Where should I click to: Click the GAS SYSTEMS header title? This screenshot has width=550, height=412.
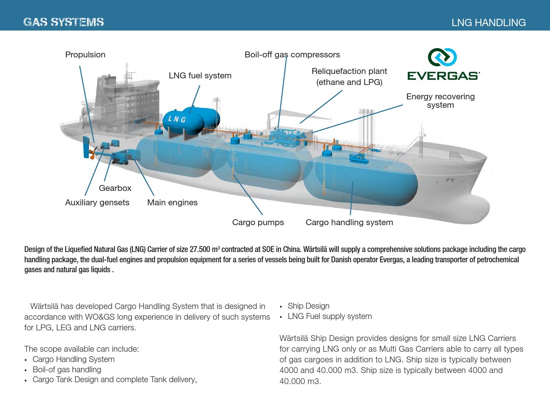pos(63,22)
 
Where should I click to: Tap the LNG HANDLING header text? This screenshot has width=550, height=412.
pos(488,22)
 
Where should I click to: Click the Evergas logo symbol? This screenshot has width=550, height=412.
pos(442,57)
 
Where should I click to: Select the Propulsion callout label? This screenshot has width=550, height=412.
pos(85,55)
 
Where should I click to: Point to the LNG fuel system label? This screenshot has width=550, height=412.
pos(200,76)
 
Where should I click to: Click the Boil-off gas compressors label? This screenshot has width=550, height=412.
pos(292,55)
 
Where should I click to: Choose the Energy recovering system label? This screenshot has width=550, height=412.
pos(440,101)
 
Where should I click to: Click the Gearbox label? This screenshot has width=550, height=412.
pos(115,188)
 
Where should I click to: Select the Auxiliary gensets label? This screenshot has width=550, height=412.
pos(97,203)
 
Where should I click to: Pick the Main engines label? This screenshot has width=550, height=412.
pos(172,203)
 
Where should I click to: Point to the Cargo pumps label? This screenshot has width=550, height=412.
pos(258,223)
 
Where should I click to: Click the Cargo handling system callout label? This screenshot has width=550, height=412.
pos(349,223)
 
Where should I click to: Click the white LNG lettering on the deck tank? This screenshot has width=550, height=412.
pos(177,119)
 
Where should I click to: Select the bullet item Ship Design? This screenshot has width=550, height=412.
pos(308,306)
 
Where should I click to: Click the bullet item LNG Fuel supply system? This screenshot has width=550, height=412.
pos(329,316)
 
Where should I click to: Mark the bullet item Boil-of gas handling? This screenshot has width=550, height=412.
pos(67,370)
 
